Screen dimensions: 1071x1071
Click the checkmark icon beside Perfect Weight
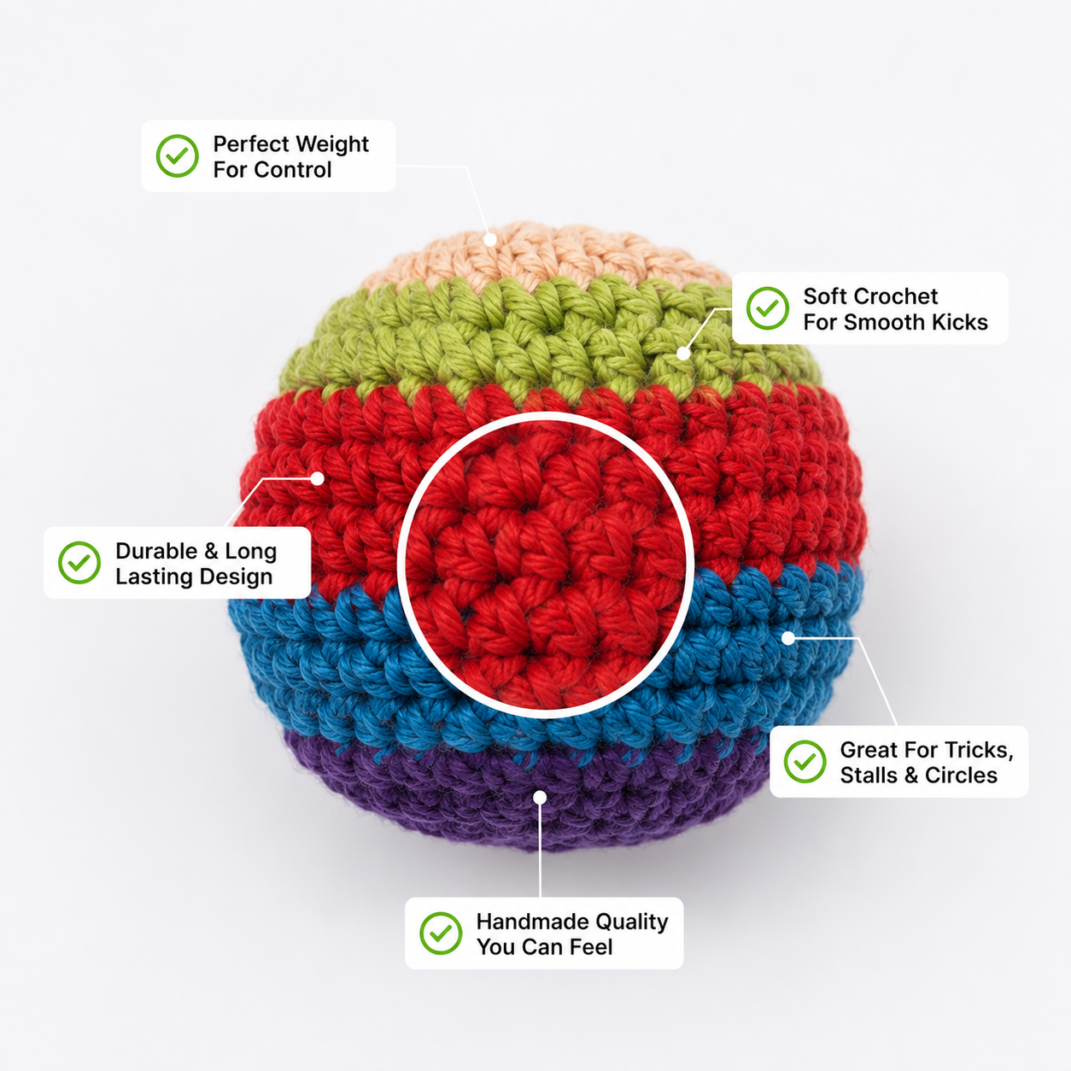(177, 155)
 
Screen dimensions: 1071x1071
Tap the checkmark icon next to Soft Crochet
(767, 308)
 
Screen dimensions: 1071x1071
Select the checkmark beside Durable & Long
(79, 563)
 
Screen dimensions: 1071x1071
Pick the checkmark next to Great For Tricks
(805, 762)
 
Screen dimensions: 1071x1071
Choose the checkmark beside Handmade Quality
(440, 933)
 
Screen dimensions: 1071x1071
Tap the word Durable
(157, 551)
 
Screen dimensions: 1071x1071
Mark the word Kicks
(960, 322)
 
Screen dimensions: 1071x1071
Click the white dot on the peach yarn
(489, 239)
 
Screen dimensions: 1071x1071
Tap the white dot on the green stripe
(683, 353)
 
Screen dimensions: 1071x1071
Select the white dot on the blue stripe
(788, 638)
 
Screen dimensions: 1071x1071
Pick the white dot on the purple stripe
(540, 798)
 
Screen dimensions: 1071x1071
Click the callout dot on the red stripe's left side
(317, 478)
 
